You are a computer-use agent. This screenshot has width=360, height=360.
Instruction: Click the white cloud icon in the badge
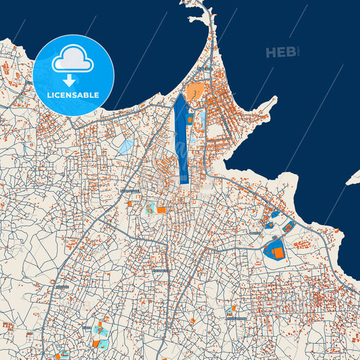pyautogui.click(x=73, y=60)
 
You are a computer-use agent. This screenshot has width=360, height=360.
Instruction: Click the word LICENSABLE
pyautogui.click(x=73, y=95)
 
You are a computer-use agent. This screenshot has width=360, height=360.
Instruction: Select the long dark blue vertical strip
pyautogui.click(x=181, y=138)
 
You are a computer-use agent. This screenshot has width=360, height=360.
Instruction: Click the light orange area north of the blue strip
pyautogui.click(x=195, y=91)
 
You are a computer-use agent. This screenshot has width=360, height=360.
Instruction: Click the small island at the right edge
pyautogui.click(x=353, y=178)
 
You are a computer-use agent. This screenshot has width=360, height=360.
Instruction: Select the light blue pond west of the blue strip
pyautogui.click(x=126, y=145)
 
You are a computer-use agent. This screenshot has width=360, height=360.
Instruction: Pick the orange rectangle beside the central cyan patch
pyautogui.click(x=161, y=210)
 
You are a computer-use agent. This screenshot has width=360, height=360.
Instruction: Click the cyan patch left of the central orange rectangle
pyautogui.click(x=149, y=209)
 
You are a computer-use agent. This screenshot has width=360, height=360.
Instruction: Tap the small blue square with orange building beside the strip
pyautogui.click(x=191, y=120)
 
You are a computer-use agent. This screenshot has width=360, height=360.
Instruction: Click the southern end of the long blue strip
pyautogui.click(x=183, y=181)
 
